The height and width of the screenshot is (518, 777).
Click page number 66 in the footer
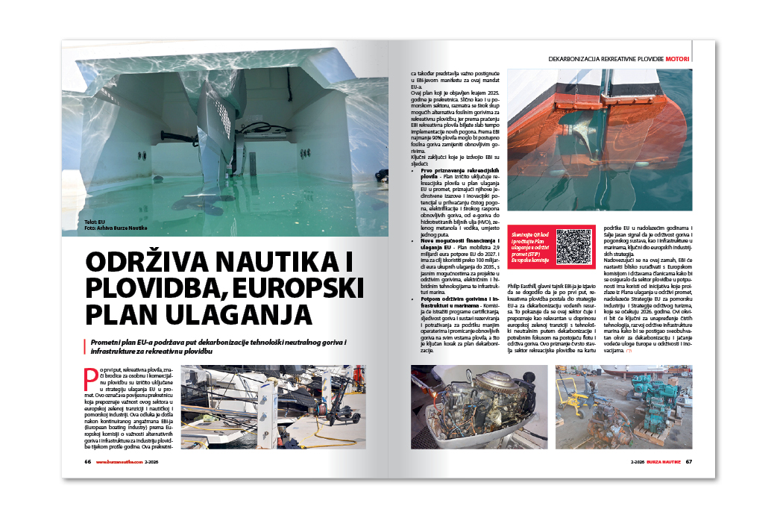coord(88,461)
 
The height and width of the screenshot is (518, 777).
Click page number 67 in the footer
coord(689,461)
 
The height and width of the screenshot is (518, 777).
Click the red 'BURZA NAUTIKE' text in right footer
coord(664,461)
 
